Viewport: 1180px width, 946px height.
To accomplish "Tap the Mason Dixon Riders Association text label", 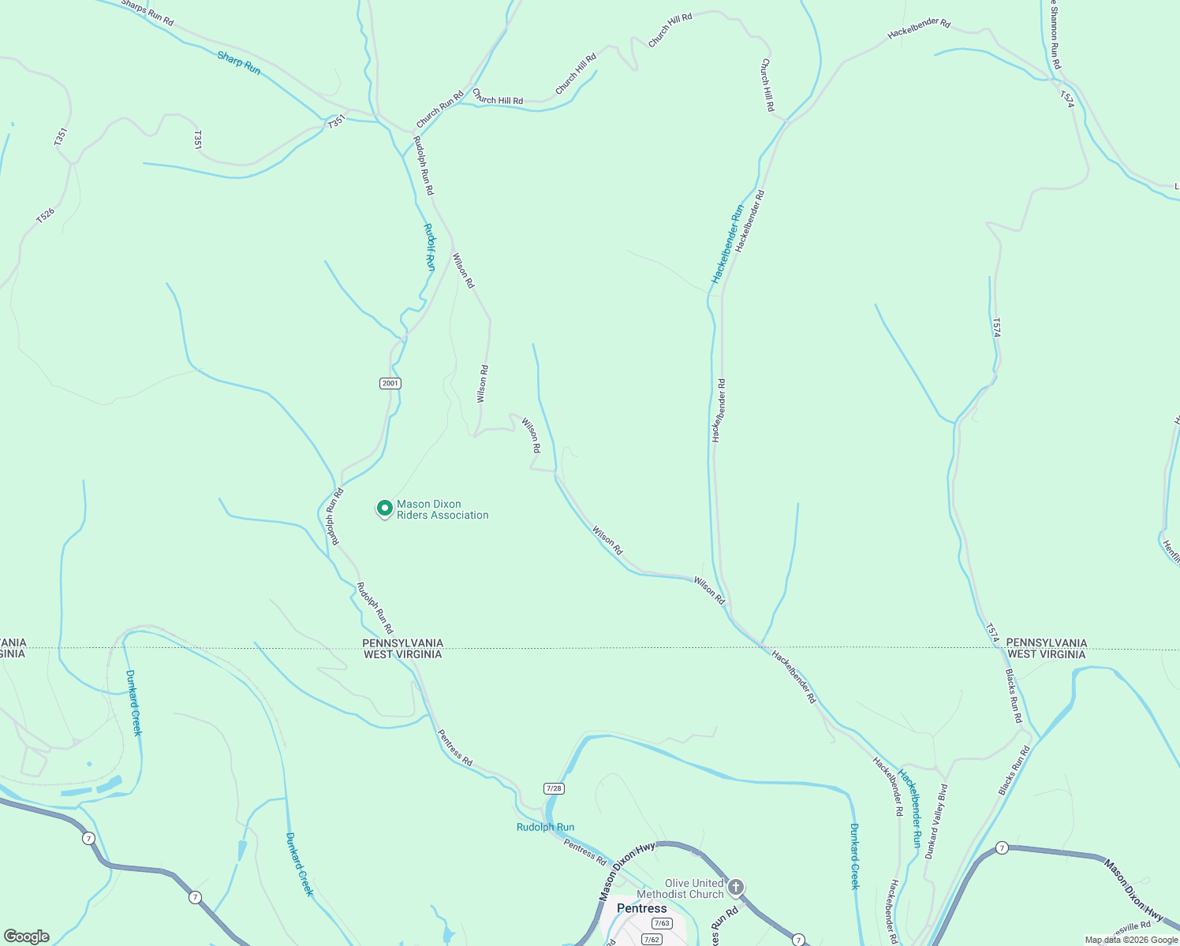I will (x=442, y=510).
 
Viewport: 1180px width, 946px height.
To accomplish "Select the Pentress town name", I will (x=641, y=908).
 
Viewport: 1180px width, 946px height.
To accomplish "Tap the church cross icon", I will (x=735, y=888).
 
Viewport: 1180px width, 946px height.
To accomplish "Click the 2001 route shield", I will (x=390, y=383).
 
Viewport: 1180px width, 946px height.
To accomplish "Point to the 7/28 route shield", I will (x=554, y=788).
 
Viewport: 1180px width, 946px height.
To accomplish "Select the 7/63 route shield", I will (x=661, y=923).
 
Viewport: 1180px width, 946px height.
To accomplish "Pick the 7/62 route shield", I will (x=652, y=939).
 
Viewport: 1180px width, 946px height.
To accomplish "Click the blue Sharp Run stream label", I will (x=239, y=63).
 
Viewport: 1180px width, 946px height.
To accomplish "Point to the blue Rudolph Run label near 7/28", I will (x=545, y=827).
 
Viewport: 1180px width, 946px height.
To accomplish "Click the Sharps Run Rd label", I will (x=147, y=13).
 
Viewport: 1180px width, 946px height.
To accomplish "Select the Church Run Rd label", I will (x=439, y=110).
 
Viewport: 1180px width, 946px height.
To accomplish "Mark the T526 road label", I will (x=46, y=215).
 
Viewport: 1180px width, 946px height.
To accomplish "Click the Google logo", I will (x=26, y=937).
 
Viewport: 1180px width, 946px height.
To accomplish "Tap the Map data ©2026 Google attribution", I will (x=1131, y=940).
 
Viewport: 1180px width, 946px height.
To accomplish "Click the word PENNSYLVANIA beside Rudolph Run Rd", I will (x=402, y=643).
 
